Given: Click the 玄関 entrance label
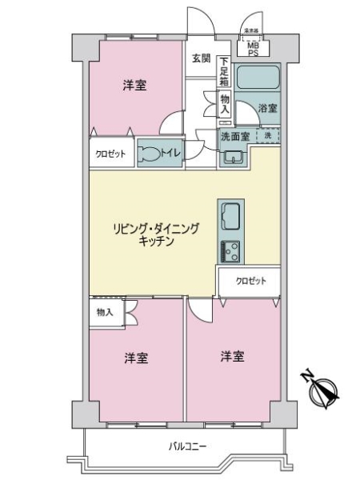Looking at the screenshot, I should [201, 58].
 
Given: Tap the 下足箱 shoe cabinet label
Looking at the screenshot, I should [225, 71].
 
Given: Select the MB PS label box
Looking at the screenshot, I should [253, 50].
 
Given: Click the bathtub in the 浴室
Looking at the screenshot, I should [258, 78].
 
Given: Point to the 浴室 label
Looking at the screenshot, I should [268, 107].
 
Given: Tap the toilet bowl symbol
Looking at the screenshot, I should [149, 154].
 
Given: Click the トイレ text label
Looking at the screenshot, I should [170, 154].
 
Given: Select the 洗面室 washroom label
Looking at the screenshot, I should [234, 136].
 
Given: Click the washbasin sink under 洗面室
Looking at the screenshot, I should [233, 155].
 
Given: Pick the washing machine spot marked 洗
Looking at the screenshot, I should [269, 135].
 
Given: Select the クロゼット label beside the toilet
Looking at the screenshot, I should [111, 154].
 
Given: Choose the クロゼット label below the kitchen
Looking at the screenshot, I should [251, 282].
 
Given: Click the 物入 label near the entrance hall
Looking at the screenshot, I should [225, 103].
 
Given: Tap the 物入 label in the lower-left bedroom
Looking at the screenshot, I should [104, 311].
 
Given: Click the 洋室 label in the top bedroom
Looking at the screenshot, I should [134, 86].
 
